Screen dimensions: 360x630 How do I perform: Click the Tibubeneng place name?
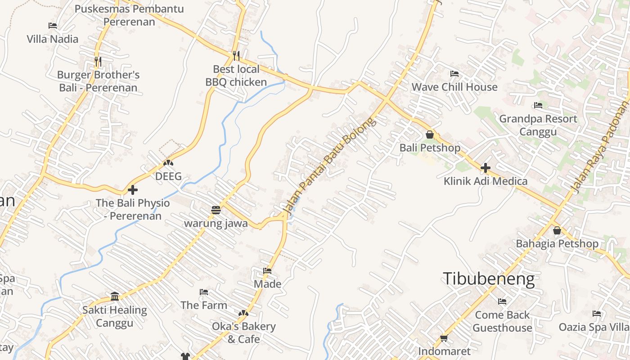489,279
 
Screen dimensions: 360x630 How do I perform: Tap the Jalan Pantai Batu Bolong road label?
329,165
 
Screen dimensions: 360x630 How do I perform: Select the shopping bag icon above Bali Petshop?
430,135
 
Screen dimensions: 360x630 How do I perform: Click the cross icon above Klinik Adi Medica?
485,168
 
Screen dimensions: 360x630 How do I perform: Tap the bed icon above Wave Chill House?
454,74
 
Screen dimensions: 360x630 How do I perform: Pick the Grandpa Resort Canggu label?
538,125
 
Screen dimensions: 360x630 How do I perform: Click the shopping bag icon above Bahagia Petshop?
557,230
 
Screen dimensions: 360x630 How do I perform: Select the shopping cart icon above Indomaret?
444,338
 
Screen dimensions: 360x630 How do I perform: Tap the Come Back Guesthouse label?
502,321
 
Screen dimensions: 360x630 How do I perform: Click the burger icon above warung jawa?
216,210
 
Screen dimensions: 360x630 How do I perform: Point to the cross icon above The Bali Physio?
132,190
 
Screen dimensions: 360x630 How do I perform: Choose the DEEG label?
168,176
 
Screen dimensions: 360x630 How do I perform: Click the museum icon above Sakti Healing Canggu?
115,297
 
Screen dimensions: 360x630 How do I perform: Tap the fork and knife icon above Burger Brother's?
98,61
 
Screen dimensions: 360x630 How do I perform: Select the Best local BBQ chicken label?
236,76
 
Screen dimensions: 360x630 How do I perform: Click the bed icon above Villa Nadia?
53,26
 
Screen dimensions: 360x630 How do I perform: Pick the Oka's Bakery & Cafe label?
243,332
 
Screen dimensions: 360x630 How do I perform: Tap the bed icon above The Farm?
204,292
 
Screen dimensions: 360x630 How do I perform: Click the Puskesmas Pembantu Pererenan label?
129,15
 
